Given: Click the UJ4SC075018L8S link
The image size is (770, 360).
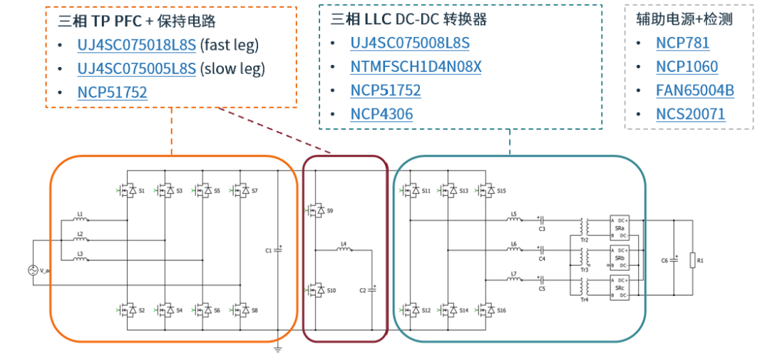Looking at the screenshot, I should tap(136, 45).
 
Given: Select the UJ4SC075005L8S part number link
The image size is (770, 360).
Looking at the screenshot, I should tap(136, 68).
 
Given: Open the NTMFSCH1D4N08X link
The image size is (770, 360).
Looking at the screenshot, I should tap(416, 67).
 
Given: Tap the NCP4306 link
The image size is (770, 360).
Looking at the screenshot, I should tap(381, 114).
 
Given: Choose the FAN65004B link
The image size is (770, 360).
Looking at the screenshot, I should tap(694, 91).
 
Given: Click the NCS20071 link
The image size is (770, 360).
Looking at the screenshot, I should tap(690, 114).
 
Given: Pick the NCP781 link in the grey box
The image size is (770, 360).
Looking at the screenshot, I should tap(682, 43).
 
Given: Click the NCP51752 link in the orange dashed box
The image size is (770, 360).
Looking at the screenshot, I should tap(112, 92).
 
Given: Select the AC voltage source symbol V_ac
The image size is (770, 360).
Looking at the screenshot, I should tap(33, 271).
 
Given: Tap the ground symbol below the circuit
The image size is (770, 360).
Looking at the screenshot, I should tap(279, 348).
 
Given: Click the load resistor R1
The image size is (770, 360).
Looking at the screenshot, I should tap(691, 262).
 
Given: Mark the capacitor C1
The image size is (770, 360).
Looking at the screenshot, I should tap(278, 251).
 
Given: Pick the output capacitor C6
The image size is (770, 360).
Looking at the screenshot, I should tap(674, 262).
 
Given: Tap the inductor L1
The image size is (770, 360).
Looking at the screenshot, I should tap(81, 220).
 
